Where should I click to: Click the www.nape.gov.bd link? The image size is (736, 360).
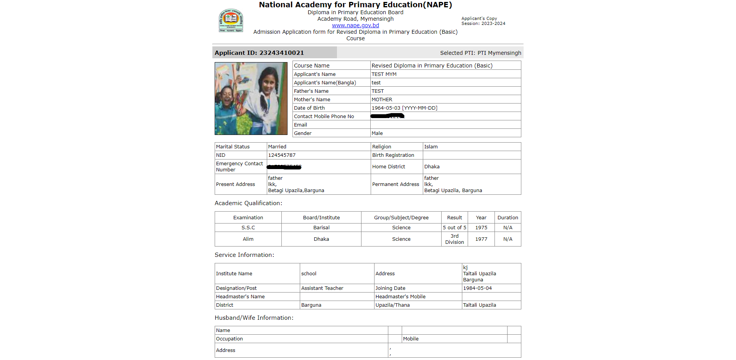[x=355, y=25]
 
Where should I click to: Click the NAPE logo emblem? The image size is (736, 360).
[x=231, y=21]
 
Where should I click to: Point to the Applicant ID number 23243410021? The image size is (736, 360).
[x=281, y=53]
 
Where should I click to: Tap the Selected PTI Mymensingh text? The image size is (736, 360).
[x=480, y=53]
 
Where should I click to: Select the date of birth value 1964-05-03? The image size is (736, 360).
[x=386, y=108]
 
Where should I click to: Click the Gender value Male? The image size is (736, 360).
[x=377, y=133]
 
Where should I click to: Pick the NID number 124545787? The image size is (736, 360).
[x=282, y=155]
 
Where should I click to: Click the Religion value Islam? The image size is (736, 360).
[x=431, y=147]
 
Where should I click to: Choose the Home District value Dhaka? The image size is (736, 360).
[x=432, y=167]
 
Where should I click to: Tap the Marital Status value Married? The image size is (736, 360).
[x=277, y=147]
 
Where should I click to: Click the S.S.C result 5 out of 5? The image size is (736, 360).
[x=454, y=228]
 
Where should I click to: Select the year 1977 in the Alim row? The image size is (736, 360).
[x=481, y=239]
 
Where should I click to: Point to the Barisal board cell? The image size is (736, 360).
[x=321, y=228]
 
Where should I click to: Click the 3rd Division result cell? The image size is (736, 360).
[x=454, y=239]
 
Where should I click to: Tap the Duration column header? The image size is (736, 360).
[x=508, y=218]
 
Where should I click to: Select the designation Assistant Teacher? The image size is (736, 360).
[x=322, y=288]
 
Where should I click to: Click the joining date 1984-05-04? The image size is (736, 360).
[x=477, y=288]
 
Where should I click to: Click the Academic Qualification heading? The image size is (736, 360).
[x=248, y=203]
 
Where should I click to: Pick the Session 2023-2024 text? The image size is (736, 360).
[x=483, y=24]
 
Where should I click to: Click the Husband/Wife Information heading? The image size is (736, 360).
[x=254, y=318]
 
